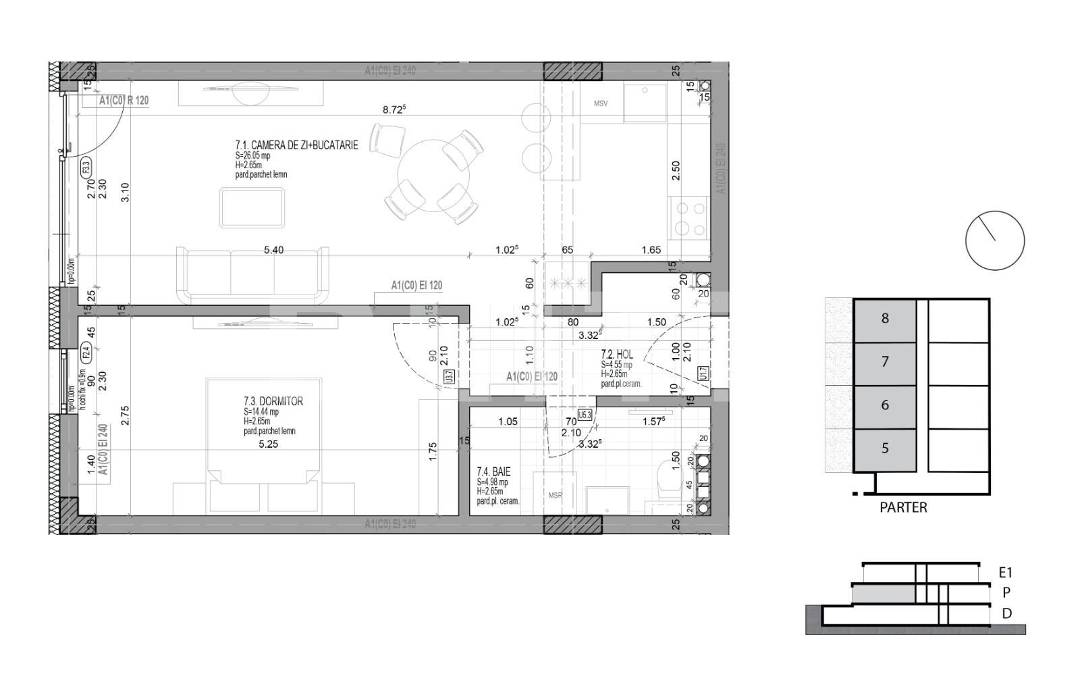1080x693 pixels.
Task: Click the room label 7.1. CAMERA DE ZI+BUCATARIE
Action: [296, 145]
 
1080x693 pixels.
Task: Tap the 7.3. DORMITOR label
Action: [273, 401]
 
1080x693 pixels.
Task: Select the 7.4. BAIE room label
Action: [493, 473]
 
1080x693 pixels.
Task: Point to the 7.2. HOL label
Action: [617, 355]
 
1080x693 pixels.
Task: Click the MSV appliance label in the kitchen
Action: [601, 104]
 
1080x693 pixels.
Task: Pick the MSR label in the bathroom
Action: [555, 496]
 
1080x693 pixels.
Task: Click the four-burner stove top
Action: [688, 219]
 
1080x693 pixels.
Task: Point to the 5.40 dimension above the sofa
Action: [273, 250]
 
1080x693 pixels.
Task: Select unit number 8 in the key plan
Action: [885, 319]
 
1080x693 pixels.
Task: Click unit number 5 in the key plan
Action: [885, 448]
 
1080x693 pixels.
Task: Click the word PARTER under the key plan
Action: [903, 508]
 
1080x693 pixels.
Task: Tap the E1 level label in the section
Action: [1006, 573]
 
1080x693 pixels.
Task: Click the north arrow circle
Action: [995, 240]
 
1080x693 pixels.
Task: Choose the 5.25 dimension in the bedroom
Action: [269, 444]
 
